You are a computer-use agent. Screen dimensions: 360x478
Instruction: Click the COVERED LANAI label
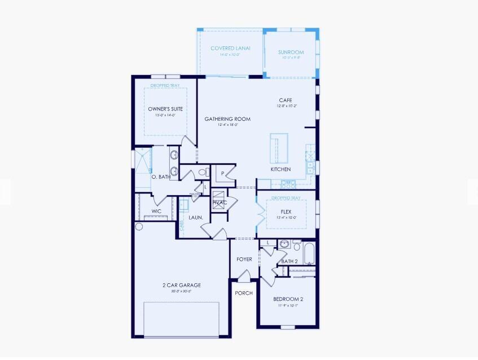pos(230,49)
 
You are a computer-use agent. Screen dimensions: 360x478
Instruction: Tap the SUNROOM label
pos(291,52)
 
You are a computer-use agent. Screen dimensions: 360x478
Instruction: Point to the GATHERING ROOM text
pos(227,119)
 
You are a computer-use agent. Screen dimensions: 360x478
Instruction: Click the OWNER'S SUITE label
pos(165,109)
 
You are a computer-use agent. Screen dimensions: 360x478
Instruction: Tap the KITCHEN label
pos(280,169)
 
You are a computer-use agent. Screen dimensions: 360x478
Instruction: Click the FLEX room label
pos(287,212)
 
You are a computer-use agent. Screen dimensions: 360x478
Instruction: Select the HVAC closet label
pos(220,203)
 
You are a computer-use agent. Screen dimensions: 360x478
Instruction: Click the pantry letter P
pos(223,173)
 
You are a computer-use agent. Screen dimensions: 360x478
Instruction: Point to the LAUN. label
pos(195,217)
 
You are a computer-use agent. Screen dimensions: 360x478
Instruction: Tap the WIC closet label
pos(156,212)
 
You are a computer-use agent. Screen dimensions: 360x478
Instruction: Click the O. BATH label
pos(161,177)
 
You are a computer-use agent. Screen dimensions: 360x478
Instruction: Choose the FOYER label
pos(244,259)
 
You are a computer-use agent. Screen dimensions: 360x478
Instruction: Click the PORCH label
pos(244,293)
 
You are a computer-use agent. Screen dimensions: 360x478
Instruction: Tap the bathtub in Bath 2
pos(309,254)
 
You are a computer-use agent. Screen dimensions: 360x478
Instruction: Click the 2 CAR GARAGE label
pos(181,285)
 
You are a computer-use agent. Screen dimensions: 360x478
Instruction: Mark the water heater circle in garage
pos(139,227)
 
